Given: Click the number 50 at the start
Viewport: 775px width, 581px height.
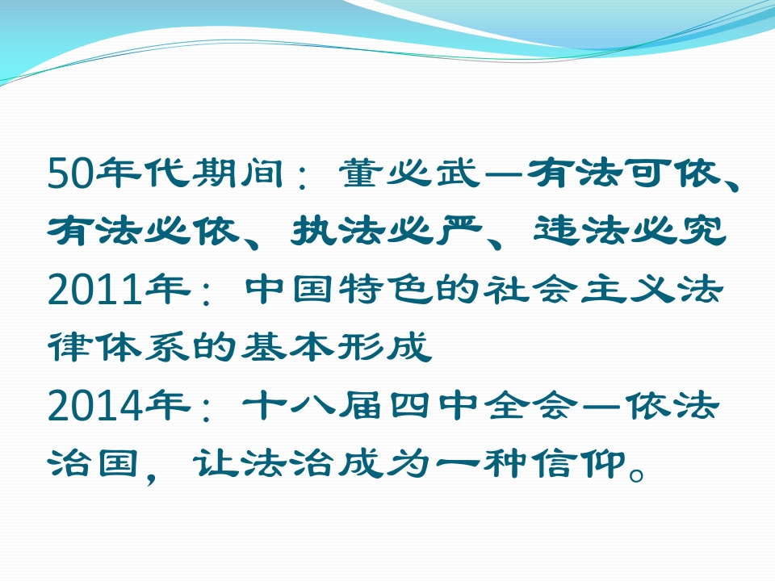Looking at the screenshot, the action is click(x=70, y=173).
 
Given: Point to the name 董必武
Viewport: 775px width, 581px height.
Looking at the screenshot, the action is click(x=408, y=173).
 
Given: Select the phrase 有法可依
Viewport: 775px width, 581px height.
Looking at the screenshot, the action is click(x=622, y=173).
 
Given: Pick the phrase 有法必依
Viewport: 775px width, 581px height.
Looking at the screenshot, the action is click(x=144, y=231).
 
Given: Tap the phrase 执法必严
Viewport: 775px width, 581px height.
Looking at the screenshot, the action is click(x=386, y=231).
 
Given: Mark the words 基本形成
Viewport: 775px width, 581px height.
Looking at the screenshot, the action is click(x=335, y=347).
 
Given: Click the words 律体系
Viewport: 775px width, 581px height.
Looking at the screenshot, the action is click(x=119, y=347).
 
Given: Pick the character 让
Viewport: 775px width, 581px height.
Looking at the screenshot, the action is click(x=216, y=463).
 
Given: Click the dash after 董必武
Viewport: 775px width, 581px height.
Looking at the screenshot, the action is click(x=503, y=174).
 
